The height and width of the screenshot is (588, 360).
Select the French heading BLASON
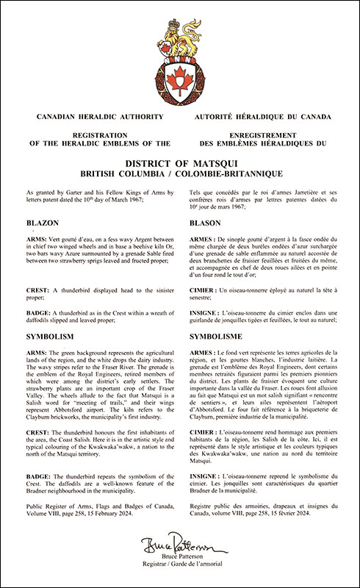coord(206,223)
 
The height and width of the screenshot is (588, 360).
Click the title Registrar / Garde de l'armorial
coord(180,573)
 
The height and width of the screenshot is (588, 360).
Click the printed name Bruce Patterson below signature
coord(180,564)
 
